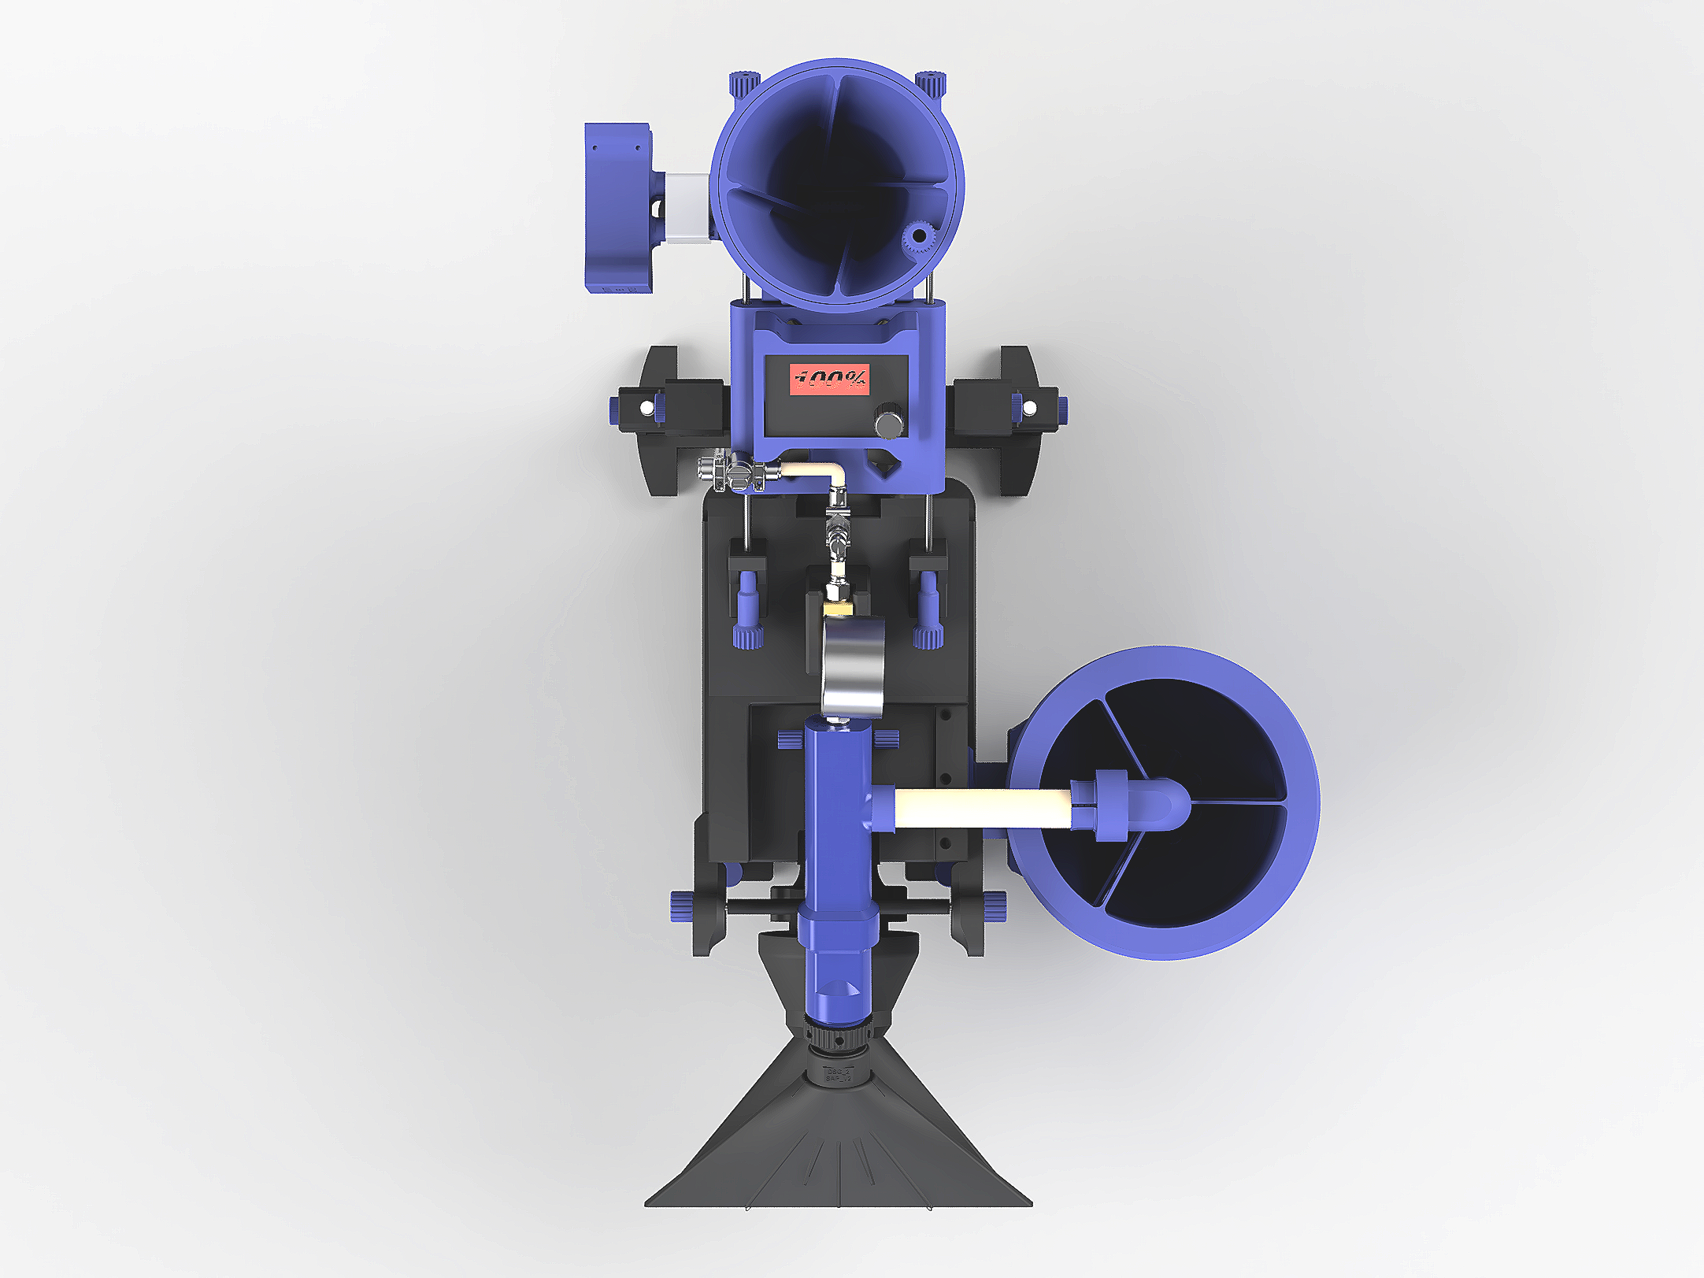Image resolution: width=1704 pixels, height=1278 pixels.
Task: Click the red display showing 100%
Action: click(830, 379)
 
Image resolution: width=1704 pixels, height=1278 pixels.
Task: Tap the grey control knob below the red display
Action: click(888, 424)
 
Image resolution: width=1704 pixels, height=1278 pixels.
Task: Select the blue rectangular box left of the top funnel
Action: click(617, 206)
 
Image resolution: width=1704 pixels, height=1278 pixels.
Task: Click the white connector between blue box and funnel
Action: click(687, 208)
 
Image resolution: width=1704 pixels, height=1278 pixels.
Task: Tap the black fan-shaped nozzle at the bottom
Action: click(838, 1142)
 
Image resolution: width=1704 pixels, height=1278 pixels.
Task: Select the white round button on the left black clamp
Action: click(646, 407)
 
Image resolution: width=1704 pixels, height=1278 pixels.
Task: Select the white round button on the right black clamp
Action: click(1028, 407)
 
